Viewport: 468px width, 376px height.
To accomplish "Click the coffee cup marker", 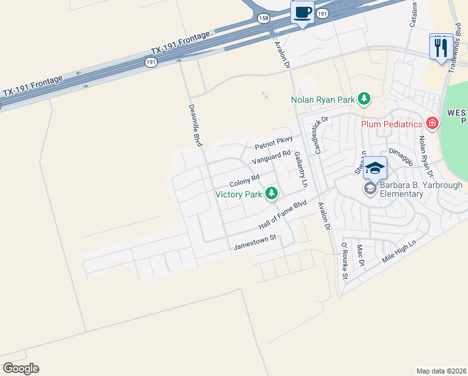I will pyautogui.click(x=303, y=13).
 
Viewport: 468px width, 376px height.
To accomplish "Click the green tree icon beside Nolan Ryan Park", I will pyautogui.click(x=364, y=99).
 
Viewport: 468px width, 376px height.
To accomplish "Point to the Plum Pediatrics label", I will pyautogui.click(x=392, y=123).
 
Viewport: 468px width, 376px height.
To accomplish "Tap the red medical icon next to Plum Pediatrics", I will pyautogui.click(x=432, y=123).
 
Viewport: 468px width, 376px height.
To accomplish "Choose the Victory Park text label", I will pyautogui.click(x=238, y=194).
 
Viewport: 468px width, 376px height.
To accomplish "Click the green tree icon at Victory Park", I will pyautogui.click(x=272, y=194).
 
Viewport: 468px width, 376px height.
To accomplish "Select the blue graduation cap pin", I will pyautogui.click(x=375, y=168).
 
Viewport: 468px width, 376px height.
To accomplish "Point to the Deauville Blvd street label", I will pyautogui.click(x=196, y=126).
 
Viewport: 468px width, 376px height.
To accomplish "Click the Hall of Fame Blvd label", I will pyautogui.click(x=283, y=214).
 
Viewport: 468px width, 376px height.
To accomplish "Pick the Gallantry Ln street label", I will pyautogui.click(x=301, y=169).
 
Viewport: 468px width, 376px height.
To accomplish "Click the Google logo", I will pyautogui.click(x=21, y=368).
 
